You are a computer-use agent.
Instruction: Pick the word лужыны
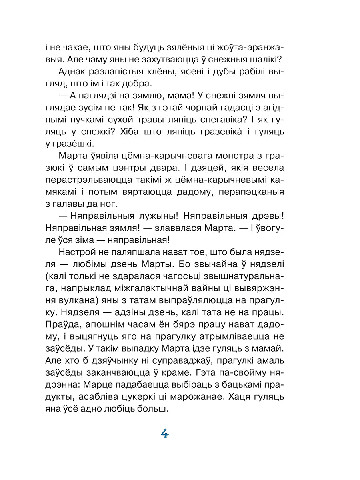[x=153, y=216]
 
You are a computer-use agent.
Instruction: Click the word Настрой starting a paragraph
[x=77, y=252]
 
